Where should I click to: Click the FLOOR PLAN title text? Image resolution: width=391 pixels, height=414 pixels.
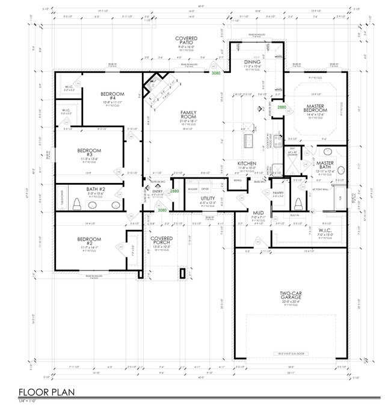(45, 392)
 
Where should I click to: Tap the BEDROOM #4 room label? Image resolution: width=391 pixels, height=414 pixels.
(112, 96)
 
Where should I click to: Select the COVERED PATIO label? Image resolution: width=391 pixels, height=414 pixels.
(186, 41)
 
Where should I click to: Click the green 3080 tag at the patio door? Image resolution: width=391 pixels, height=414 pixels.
(215, 73)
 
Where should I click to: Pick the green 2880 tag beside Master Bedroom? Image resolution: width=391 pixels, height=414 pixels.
(282, 107)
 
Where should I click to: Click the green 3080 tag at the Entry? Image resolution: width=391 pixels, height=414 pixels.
(162, 211)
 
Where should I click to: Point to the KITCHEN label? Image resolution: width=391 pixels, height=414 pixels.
(247, 164)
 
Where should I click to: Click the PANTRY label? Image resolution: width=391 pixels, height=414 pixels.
(277, 193)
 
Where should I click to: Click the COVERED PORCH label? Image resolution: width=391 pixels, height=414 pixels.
(161, 240)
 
